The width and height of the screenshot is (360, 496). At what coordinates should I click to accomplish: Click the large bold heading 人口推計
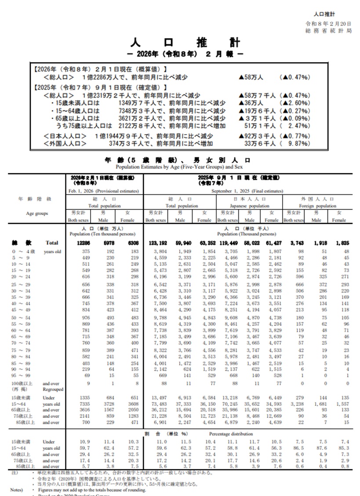click(x=186, y=43)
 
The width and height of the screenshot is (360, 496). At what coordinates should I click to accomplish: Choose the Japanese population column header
click(x=249, y=205)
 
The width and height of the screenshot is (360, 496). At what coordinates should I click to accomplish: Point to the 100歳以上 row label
click(x=20, y=383)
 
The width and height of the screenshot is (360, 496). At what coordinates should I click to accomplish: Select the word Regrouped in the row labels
click(x=53, y=390)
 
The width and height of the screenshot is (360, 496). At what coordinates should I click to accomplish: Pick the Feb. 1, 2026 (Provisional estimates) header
click(x=104, y=191)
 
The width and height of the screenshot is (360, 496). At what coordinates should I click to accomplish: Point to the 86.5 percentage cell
click(x=297, y=448)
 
